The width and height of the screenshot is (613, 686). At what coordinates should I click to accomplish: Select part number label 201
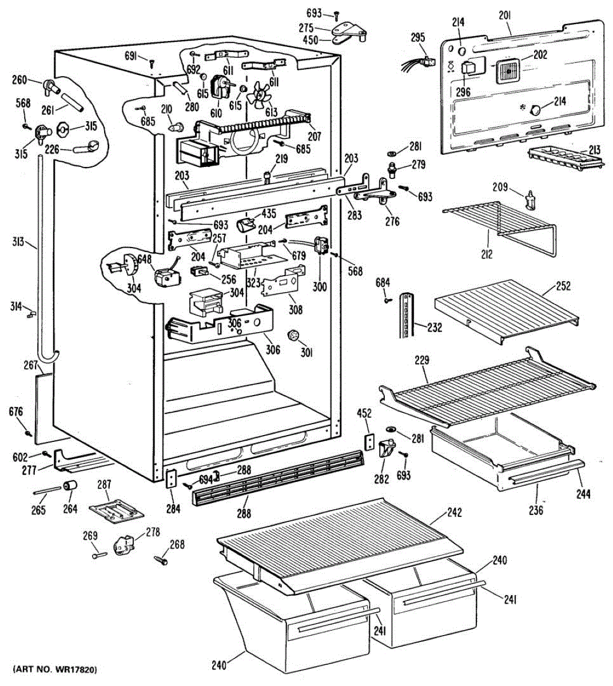tap(504, 16)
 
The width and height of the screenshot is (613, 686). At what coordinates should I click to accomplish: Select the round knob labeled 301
tap(293, 335)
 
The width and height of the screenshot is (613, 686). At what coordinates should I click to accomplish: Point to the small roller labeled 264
tap(71, 486)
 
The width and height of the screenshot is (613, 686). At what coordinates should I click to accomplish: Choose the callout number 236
tap(535, 509)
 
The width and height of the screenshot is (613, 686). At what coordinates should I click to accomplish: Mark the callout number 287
tap(104, 484)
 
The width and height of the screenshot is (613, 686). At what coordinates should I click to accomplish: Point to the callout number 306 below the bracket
tap(272, 349)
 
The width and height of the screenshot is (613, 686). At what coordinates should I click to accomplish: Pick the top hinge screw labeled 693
tap(337, 15)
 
